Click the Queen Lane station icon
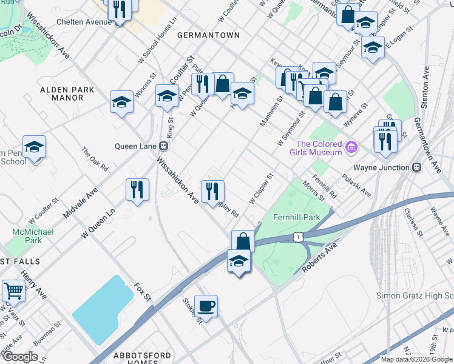(x=163, y=146)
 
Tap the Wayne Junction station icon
(x=417, y=167)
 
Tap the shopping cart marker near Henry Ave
(x=13, y=291)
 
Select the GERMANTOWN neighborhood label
(x=208, y=36)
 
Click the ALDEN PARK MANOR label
(x=67, y=93)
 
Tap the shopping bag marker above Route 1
(x=243, y=241)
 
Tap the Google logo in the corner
(x=21, y=357)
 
